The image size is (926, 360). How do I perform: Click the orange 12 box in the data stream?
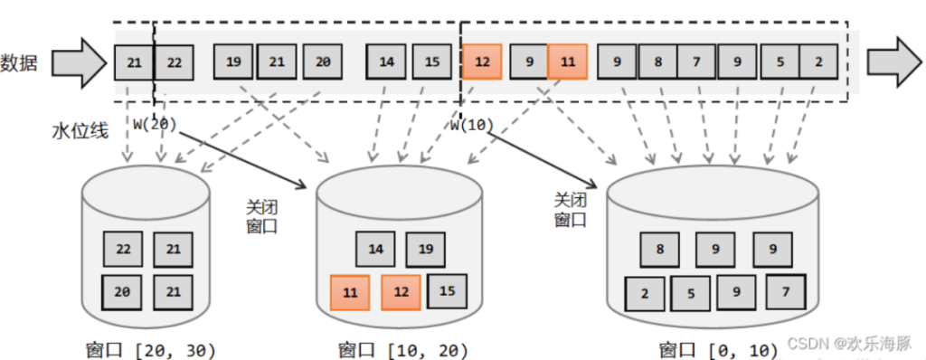(x=482, y=62)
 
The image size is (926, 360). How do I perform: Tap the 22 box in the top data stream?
(x=175, y=62)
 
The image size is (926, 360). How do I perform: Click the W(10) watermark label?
(x=470, y=125)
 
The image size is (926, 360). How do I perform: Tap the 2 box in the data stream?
(x=817, y=62)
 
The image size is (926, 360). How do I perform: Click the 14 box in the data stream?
(x=386, y=62)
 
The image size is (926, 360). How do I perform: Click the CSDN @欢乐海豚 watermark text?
(x=853, y=344)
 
